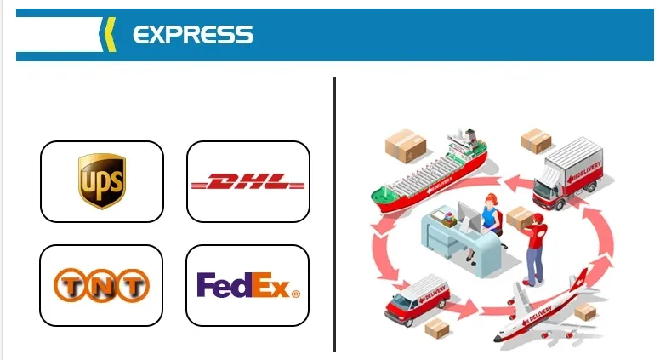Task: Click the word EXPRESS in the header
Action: pyautogui.click(x=193, y=34)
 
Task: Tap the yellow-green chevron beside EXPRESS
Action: pyautogui.click(x=108, y=34)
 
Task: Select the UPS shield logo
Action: pyautogui.click(x=101, y=181)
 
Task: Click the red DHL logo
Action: pyautogui.click(x=247, y=182)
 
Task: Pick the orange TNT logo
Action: pyautogui.click(x=101, y=285)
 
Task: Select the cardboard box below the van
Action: pyautogui.click(x=437, y=328)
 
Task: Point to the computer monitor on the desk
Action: pyautogui.click(x=469, y=211)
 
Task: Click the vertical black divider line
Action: pyautogui.click(x=335, y=213)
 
